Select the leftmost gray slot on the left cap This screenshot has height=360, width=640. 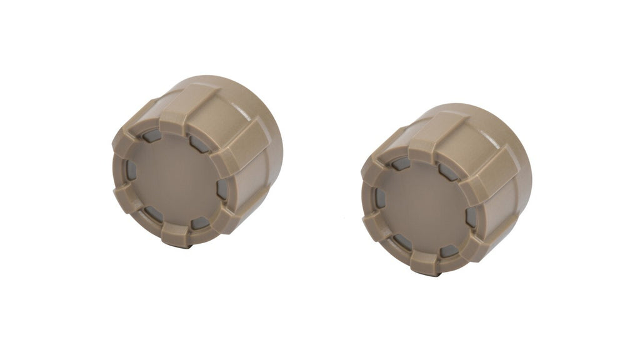pyautogui.click(x=130, y=168)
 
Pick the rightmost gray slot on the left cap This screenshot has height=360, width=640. pyautogui.click(x=220, y=189)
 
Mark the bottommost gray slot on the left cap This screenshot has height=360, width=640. pyautogui.click(x=199, y=224)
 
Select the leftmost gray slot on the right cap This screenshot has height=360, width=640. pyautogui.click(x=379, y=199)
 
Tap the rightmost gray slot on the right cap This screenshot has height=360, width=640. pyautogui.click(x=470, y=216)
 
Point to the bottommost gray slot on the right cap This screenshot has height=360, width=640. pyautogui.click(x=447, y=251)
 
